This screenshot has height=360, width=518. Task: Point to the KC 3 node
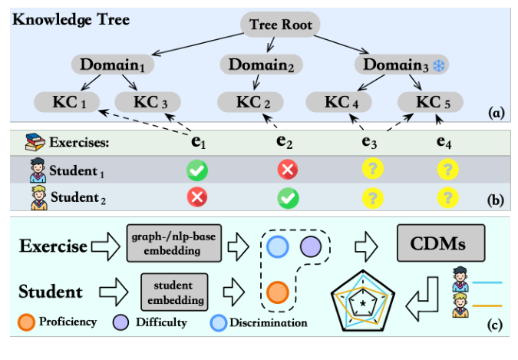pyautogui.click(x=147, y=101)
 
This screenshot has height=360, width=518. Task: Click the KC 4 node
pyautogui.click(x=338, y=101)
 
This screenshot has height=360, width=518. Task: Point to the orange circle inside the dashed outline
pyautogui.click(x=277, y=292)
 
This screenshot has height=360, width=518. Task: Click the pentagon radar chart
pyautogui.click(x=363, y=304)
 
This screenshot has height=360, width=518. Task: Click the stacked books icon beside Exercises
pyautogui.click(x=35, y=140)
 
